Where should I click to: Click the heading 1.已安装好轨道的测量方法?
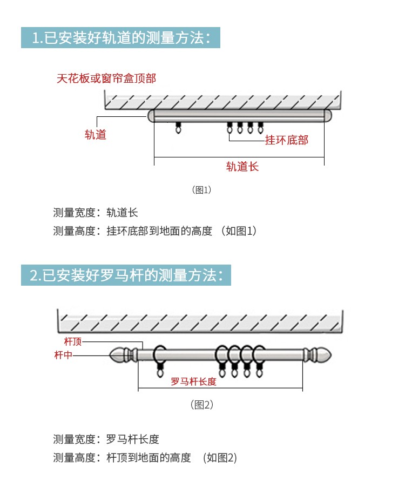[120, 38]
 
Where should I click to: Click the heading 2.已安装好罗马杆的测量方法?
[126, 275]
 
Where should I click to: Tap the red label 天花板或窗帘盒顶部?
[106, 78]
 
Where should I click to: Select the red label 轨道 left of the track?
[96, 135]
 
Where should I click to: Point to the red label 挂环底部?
[287, 140]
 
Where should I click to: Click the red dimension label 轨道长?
[242, 167]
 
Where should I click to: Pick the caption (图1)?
[202, 190]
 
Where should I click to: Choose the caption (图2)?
[202, 405]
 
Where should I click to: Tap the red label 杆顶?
[73, 341]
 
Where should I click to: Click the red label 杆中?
[63, 355]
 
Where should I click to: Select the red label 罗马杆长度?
[193, 381]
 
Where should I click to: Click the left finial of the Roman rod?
[123, 355]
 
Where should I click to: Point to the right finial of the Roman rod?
[318, 355]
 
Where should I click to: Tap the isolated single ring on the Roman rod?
[160, 361]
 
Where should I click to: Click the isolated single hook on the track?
[178, 128]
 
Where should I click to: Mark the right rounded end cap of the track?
[328, 115]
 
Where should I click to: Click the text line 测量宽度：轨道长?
[96, 213]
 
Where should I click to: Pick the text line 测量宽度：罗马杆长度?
[106, 439]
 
